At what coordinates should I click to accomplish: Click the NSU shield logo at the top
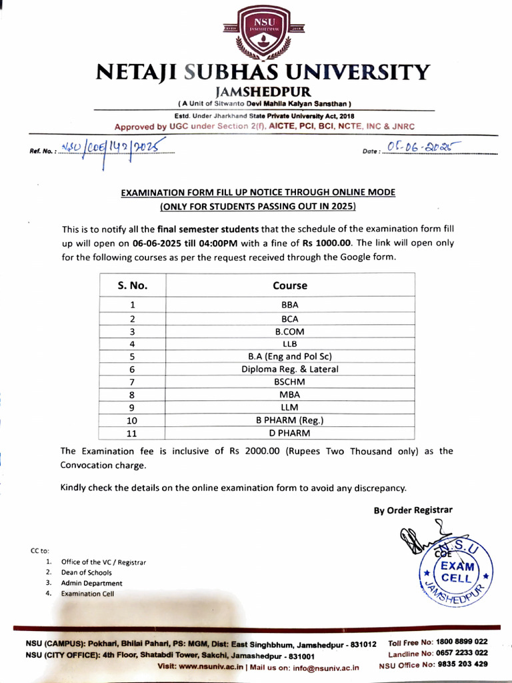(256, 31)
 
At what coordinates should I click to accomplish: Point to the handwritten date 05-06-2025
(420, 148)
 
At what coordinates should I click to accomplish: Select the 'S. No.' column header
(133, 285)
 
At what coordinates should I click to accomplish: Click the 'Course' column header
(290, 285)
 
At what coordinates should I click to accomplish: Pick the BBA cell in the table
(290, 305)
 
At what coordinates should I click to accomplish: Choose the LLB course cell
(290, 344)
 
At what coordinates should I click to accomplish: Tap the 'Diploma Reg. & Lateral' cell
(290, 369)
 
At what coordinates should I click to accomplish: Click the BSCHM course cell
(290, 382)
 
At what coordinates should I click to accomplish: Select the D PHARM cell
(290, 433)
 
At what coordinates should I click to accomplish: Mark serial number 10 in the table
(133, 420)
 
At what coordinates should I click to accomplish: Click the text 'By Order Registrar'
(413, 510)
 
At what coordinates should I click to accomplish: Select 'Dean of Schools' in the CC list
(87, 572)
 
